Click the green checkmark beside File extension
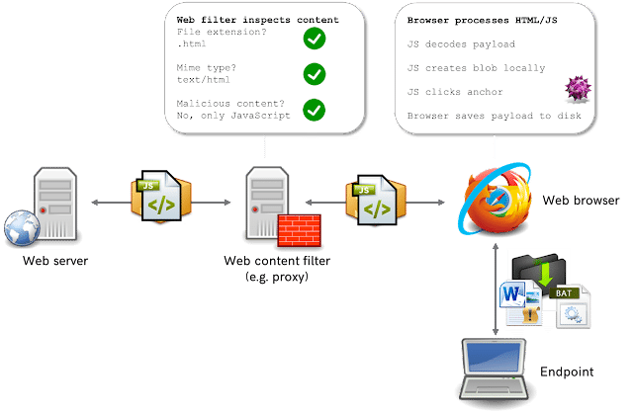tap(315, 39)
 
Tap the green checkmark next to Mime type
tap(315, 74)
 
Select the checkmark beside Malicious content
tap(315, 109)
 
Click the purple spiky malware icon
tap(576, 92)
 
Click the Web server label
tap(55, 261)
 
